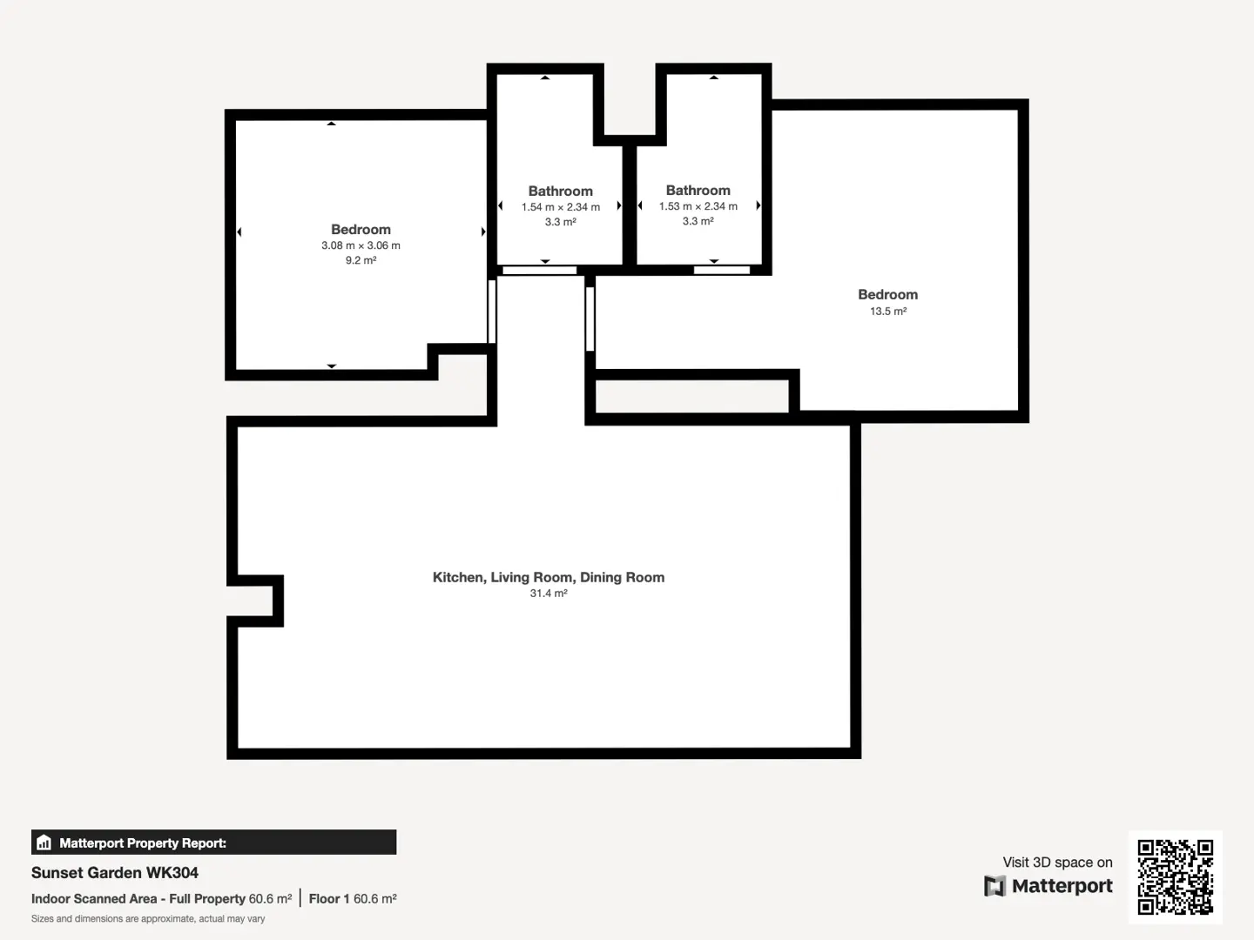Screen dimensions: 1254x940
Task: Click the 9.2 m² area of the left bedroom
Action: pos(361,260)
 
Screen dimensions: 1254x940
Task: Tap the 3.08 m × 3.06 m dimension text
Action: pos(361,245)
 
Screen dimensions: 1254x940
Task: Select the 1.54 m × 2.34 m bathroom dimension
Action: pos(561,207)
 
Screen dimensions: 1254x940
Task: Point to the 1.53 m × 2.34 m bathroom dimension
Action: pos(698,206)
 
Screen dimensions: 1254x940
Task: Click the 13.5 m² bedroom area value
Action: pos(887,311)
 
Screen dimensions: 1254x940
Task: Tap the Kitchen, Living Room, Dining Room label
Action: pos(549,577)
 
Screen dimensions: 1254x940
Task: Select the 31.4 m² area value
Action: pos(549,593)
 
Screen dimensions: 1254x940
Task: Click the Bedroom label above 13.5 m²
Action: pos(887,294)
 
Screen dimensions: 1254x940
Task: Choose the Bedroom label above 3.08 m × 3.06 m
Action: pos(361,230)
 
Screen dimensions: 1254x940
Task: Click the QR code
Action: pos(1175,876)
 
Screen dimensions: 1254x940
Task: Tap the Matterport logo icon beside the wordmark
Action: pos(994,886)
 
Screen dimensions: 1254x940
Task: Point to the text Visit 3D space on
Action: pos(1057,863)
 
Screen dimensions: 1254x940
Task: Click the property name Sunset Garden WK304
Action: pos(115,873)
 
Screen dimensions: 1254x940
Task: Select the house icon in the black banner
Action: pos(44,843)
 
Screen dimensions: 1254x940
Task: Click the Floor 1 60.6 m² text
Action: pos(353,899)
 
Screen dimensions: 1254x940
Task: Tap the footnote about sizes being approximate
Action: pos(148,919)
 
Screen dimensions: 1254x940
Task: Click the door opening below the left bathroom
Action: pos(539,271)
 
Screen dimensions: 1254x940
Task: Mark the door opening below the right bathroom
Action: pos(722,270)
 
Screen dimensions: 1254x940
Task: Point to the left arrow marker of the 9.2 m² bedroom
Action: pos(239,232)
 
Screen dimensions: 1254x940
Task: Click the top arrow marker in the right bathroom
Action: pos(713,77)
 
